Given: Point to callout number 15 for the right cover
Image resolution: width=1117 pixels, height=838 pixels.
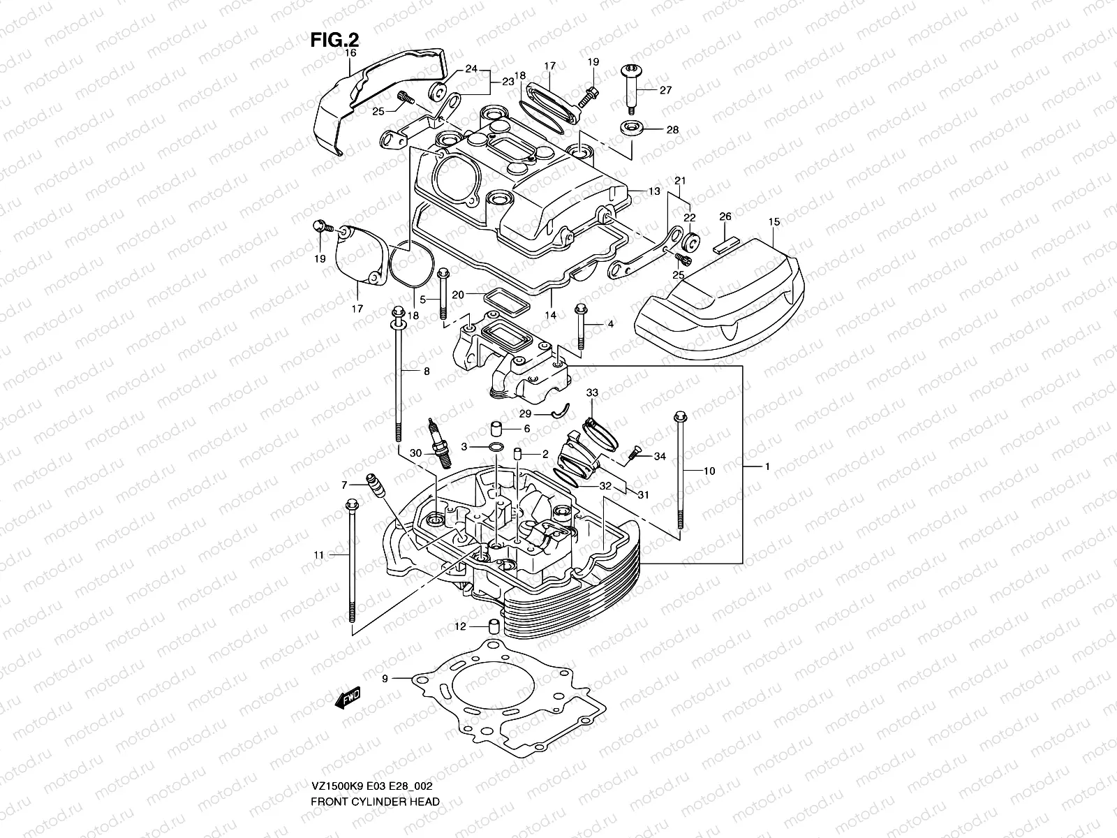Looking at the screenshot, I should [x=774, y=222].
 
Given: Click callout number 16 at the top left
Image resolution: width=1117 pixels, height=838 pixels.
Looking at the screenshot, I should [x=350, y=53].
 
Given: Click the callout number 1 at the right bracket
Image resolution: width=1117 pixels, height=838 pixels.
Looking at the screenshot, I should [x=767, y=466].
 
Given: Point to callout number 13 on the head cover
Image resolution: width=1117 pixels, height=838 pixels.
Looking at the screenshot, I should [x=653, y=191].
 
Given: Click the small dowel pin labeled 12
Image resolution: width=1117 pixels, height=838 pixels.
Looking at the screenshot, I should [x=494, y=625].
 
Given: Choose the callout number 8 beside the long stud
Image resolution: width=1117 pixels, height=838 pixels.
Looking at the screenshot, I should [x=427, y=372].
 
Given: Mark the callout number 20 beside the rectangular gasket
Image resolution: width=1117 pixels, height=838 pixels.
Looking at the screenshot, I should [x=457, y=295].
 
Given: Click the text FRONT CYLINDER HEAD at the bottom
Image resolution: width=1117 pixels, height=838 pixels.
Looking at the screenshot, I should [x=375, y=763].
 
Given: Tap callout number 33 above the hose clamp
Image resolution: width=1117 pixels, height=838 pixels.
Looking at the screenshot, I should [x=592, y=393].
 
